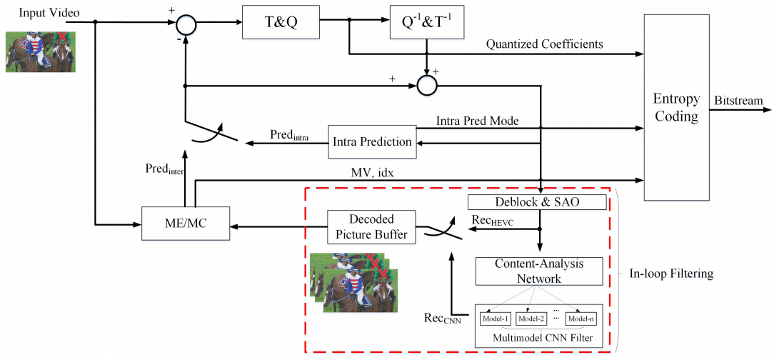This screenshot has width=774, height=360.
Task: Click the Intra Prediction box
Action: click(372, 141)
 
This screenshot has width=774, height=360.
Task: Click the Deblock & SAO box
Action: click(536, 202)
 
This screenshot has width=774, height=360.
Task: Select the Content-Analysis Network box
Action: click(539, 271)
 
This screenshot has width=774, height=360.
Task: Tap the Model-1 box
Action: click(495, 318)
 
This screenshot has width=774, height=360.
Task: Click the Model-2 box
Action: click(532, 318)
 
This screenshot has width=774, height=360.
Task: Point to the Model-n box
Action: click(580, 318)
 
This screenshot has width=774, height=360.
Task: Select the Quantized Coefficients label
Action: click(544, 44)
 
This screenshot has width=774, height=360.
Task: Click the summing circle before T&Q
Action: click(186, 26)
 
